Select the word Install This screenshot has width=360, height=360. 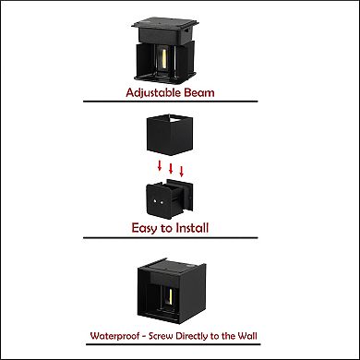(192, 228)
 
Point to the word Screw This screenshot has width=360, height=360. (161, 336)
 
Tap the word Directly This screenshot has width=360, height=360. (192, 336)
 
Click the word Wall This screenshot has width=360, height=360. (247, 335)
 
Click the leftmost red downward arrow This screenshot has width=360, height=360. (160, 165)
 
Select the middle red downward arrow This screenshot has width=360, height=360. (171, 168)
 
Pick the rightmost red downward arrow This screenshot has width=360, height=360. (181, 171)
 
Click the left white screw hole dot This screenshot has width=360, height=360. (154, 201)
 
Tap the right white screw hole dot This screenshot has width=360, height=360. (162, 202)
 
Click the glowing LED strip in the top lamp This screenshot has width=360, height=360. (164, 59)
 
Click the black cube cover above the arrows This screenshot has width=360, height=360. (169, 135)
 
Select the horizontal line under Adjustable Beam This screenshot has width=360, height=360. (171, 102)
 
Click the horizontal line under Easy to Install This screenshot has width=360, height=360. (171, 237)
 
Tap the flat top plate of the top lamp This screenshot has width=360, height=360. (165, 23)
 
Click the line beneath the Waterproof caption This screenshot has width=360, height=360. (174, 344)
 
